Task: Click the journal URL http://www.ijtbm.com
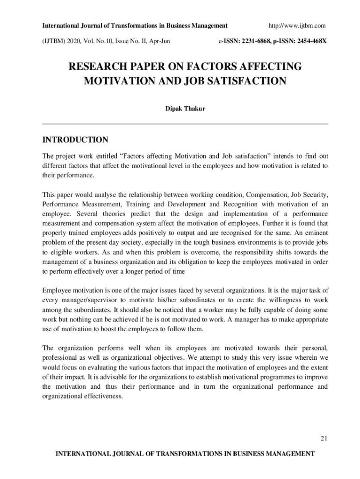[x=297, y=25]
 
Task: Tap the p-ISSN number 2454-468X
[x=309, y=41]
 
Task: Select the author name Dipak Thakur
[x=185, y=109]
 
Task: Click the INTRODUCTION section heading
[x=75, y=140]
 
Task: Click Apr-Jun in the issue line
[x=158, y=41]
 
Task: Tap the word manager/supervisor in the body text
[x=89, y=300]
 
